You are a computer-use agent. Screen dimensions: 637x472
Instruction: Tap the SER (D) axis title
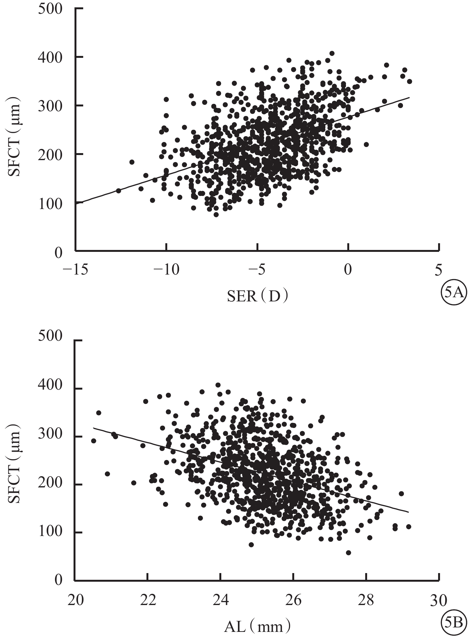click(258, 297)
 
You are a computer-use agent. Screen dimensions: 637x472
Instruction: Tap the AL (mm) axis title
click(258, 626)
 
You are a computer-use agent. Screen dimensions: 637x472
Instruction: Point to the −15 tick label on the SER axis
click(76, 271)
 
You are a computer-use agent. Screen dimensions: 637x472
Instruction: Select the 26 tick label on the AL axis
click(293, 601)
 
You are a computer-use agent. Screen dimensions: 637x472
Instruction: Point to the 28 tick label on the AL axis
click(366, 601)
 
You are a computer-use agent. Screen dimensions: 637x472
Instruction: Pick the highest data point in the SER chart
click(332, 53)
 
